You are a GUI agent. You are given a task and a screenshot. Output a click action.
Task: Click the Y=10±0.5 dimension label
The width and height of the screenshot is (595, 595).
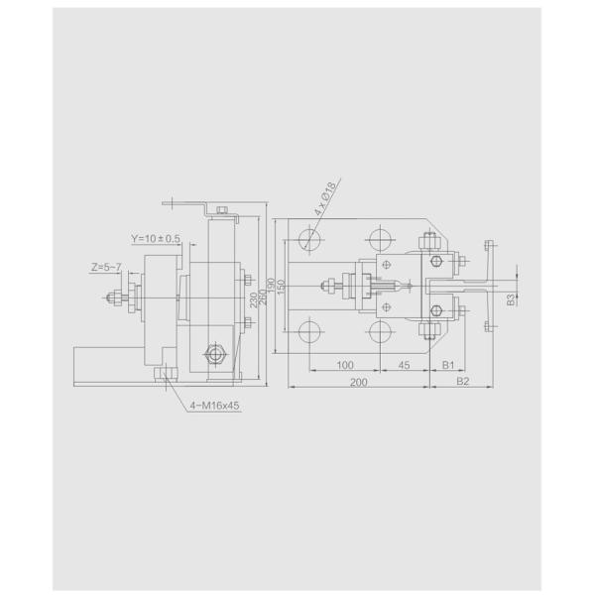tap(156, 239)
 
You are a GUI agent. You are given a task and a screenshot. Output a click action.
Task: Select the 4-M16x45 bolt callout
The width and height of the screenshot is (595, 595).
tap(215, 405)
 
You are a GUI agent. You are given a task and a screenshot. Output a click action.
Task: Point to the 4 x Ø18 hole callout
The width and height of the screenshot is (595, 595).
tap(325, 201)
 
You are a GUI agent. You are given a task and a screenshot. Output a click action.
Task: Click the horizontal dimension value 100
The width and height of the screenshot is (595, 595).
tap(344, 366)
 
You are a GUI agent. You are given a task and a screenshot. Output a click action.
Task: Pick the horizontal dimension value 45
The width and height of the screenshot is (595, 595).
tap(405, 366)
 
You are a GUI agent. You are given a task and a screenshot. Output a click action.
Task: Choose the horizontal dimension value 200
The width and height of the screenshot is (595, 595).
tap(359, 382)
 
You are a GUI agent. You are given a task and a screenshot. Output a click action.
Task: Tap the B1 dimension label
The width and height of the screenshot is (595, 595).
tap(448, 366)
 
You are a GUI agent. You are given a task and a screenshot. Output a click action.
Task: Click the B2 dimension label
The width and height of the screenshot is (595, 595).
tap(462, 382)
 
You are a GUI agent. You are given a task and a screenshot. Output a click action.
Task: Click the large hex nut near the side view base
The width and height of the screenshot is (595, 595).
tap(214, 355)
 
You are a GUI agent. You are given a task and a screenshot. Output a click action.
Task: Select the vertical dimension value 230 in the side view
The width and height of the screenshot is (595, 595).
tap(254, 298)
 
